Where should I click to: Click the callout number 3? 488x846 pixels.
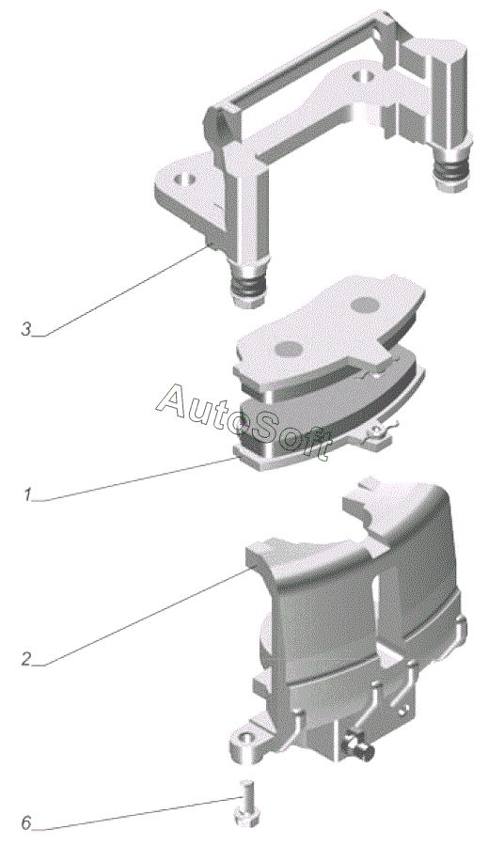(26, 329)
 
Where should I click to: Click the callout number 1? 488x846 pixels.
(27, 494)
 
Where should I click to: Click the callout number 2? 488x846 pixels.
(26, 658)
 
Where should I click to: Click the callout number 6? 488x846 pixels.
(26, 823)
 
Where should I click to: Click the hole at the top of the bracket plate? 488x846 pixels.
(362, 76)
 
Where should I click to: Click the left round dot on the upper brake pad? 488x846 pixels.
(287, 349)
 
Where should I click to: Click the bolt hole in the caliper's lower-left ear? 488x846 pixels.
(245, 737)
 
